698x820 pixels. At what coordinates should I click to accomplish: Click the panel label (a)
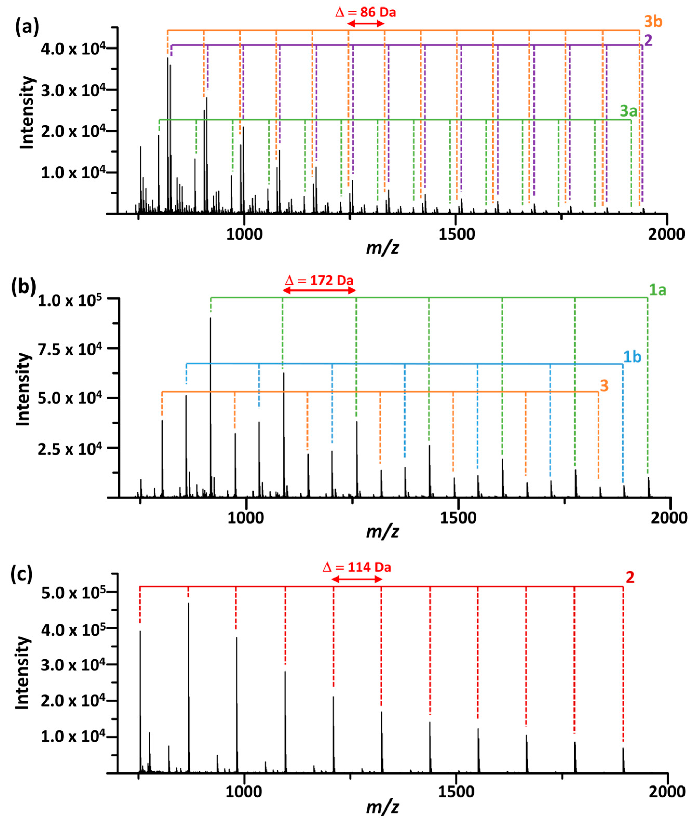click(x=27, y=27)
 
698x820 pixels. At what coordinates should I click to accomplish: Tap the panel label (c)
click(x=21, y=573)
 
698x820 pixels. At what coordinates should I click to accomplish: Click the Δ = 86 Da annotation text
click(x=365, y=12)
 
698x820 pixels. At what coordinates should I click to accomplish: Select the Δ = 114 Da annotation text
click(x=357, y=567)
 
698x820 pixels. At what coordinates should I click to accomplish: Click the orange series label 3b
click(x=653, y=21)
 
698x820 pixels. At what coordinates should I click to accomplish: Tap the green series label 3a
click(x=629, y=111)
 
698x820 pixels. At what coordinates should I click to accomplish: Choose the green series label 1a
click(x=658, y=290)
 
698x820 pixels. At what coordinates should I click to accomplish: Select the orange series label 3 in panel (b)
click(x=604, y=385)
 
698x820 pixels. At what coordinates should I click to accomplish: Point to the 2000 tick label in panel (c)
click(x=667, y=791)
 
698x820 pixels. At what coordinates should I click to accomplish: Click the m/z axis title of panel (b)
click(x=382, y=532)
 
